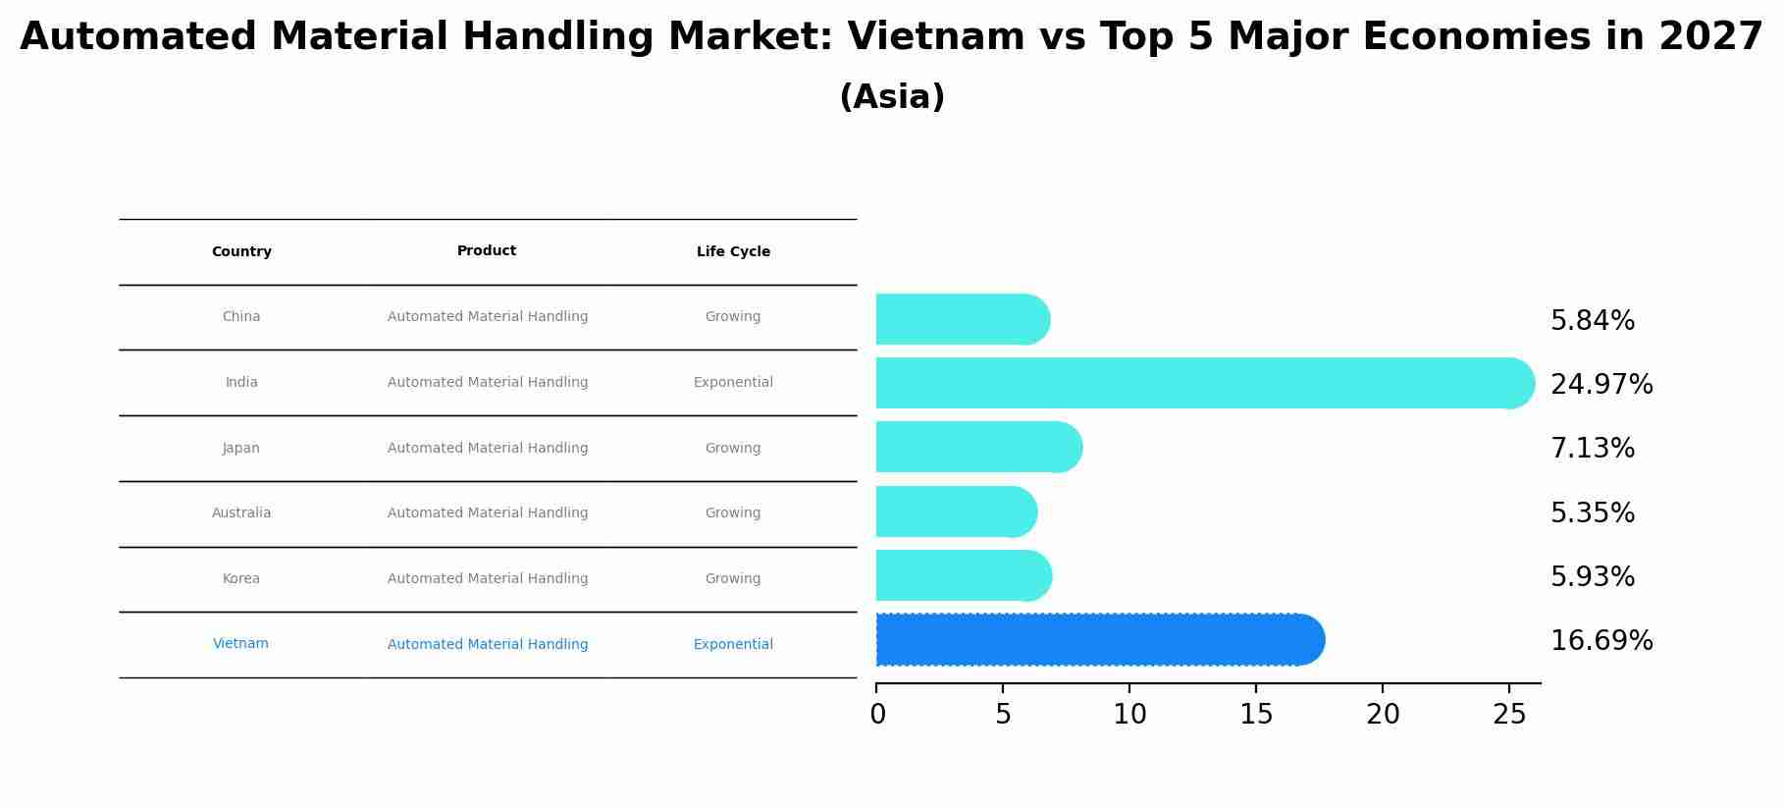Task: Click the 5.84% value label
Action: click(x=1592, y=321)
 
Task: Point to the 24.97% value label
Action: click(x=1600, y=384)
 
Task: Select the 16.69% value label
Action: click(x=1600, y=641)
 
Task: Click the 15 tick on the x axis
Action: click(x=1256, y=715)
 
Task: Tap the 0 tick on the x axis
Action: click(x=877, y=715)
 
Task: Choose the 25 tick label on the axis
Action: click(x=1509, y=715)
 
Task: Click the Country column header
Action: click(x=241, y=252)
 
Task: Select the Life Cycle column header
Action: click(x=733, y=252)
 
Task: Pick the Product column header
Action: click(x=487, y=251)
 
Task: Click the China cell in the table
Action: click(x=241, y=317)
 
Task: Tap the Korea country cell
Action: click(x=241, y=579)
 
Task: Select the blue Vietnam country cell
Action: click(x=240, y=644)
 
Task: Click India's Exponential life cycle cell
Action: click(x=733, y=383)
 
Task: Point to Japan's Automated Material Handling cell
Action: click(x=488, y=449)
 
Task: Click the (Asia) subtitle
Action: click(x=892, y=97)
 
